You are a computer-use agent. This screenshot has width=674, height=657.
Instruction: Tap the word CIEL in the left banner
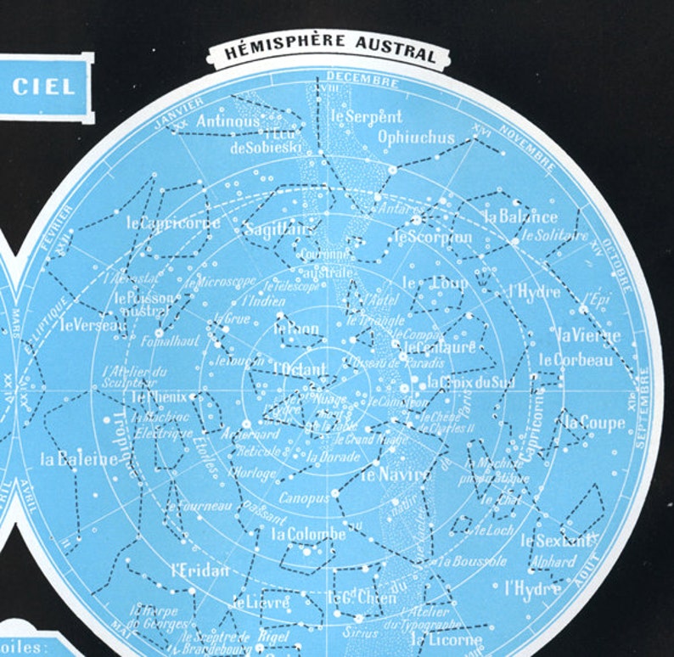click(43, 86)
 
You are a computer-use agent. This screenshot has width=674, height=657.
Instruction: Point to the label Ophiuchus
click(416, 137)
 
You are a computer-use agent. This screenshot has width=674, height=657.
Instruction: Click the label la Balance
click(520, 216)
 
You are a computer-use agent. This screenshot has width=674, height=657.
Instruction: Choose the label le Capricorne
click(173, 223)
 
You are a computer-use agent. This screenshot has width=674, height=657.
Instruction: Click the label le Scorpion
click(433, 237)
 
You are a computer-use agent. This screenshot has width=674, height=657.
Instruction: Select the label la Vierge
click(585, 334)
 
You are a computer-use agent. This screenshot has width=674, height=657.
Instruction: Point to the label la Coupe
click(595, 422)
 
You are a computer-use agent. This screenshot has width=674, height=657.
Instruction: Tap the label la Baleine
click(79, 459)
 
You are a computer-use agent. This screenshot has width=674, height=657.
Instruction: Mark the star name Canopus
click(303, 497)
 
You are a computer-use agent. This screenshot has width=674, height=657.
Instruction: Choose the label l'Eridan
click(200, 570)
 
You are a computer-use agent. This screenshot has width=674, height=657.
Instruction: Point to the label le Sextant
click(558, 539)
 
